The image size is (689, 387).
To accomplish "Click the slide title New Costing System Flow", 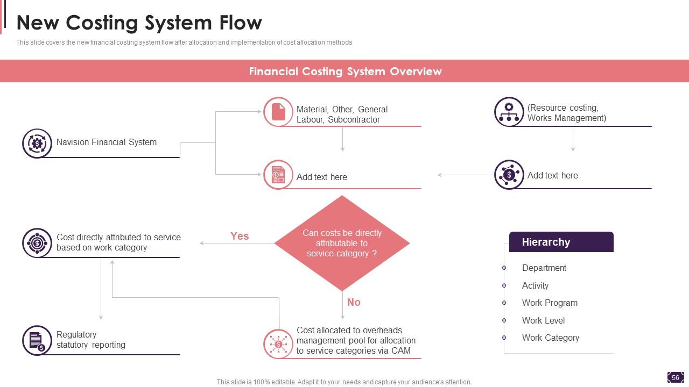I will point(139,23).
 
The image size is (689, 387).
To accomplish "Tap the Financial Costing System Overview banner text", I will point(345,71).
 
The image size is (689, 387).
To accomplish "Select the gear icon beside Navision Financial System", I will point(37,143).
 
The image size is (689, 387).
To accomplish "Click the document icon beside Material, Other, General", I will point(278,112).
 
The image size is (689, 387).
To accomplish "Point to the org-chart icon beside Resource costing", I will point(509,112).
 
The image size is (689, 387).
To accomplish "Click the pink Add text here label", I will point(321,177).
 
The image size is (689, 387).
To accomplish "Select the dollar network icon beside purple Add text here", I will point(509,175).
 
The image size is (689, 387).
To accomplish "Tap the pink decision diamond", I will point(342,243).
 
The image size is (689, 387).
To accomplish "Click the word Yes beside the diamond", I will point(240,236).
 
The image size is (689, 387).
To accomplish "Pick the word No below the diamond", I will point(354,302).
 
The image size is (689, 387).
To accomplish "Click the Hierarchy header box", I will point(561,242).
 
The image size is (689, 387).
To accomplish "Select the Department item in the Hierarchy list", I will point(544,268).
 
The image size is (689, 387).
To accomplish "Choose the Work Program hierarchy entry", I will point(549,303).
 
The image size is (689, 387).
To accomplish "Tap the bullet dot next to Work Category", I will point(504,338).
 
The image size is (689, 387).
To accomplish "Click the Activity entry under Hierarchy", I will point(535,285).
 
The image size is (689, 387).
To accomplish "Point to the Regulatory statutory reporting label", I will point(90,340).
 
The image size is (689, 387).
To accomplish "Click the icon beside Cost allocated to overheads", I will point(278,344).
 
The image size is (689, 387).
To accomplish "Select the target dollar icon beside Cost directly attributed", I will point(37,243).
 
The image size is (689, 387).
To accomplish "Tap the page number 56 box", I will point(675,377).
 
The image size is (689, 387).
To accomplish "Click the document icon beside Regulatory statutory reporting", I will point(37,340).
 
